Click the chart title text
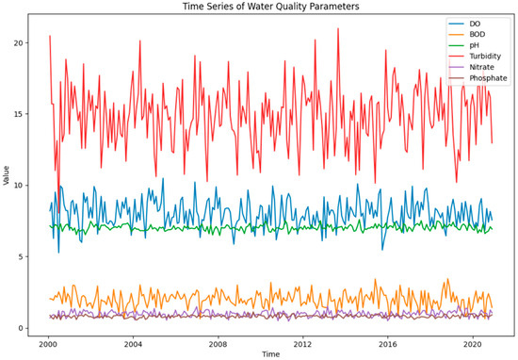coord(267,7)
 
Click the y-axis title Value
coord(7,176)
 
